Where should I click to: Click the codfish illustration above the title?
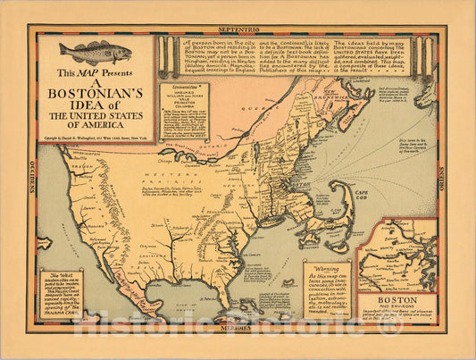tap(95, 53)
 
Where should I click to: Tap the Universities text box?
tap(185, 112)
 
